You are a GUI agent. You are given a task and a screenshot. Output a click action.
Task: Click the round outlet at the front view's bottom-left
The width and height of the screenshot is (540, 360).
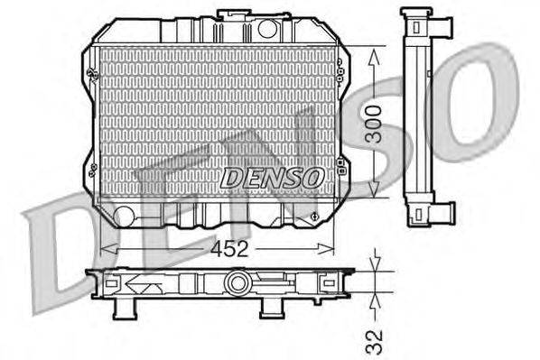(x=124, y=215)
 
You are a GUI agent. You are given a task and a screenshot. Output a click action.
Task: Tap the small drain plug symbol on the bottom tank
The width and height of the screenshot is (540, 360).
(x=312, y=217)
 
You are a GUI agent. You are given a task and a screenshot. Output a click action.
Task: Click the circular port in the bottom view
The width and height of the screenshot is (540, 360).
(x=237, y=283)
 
